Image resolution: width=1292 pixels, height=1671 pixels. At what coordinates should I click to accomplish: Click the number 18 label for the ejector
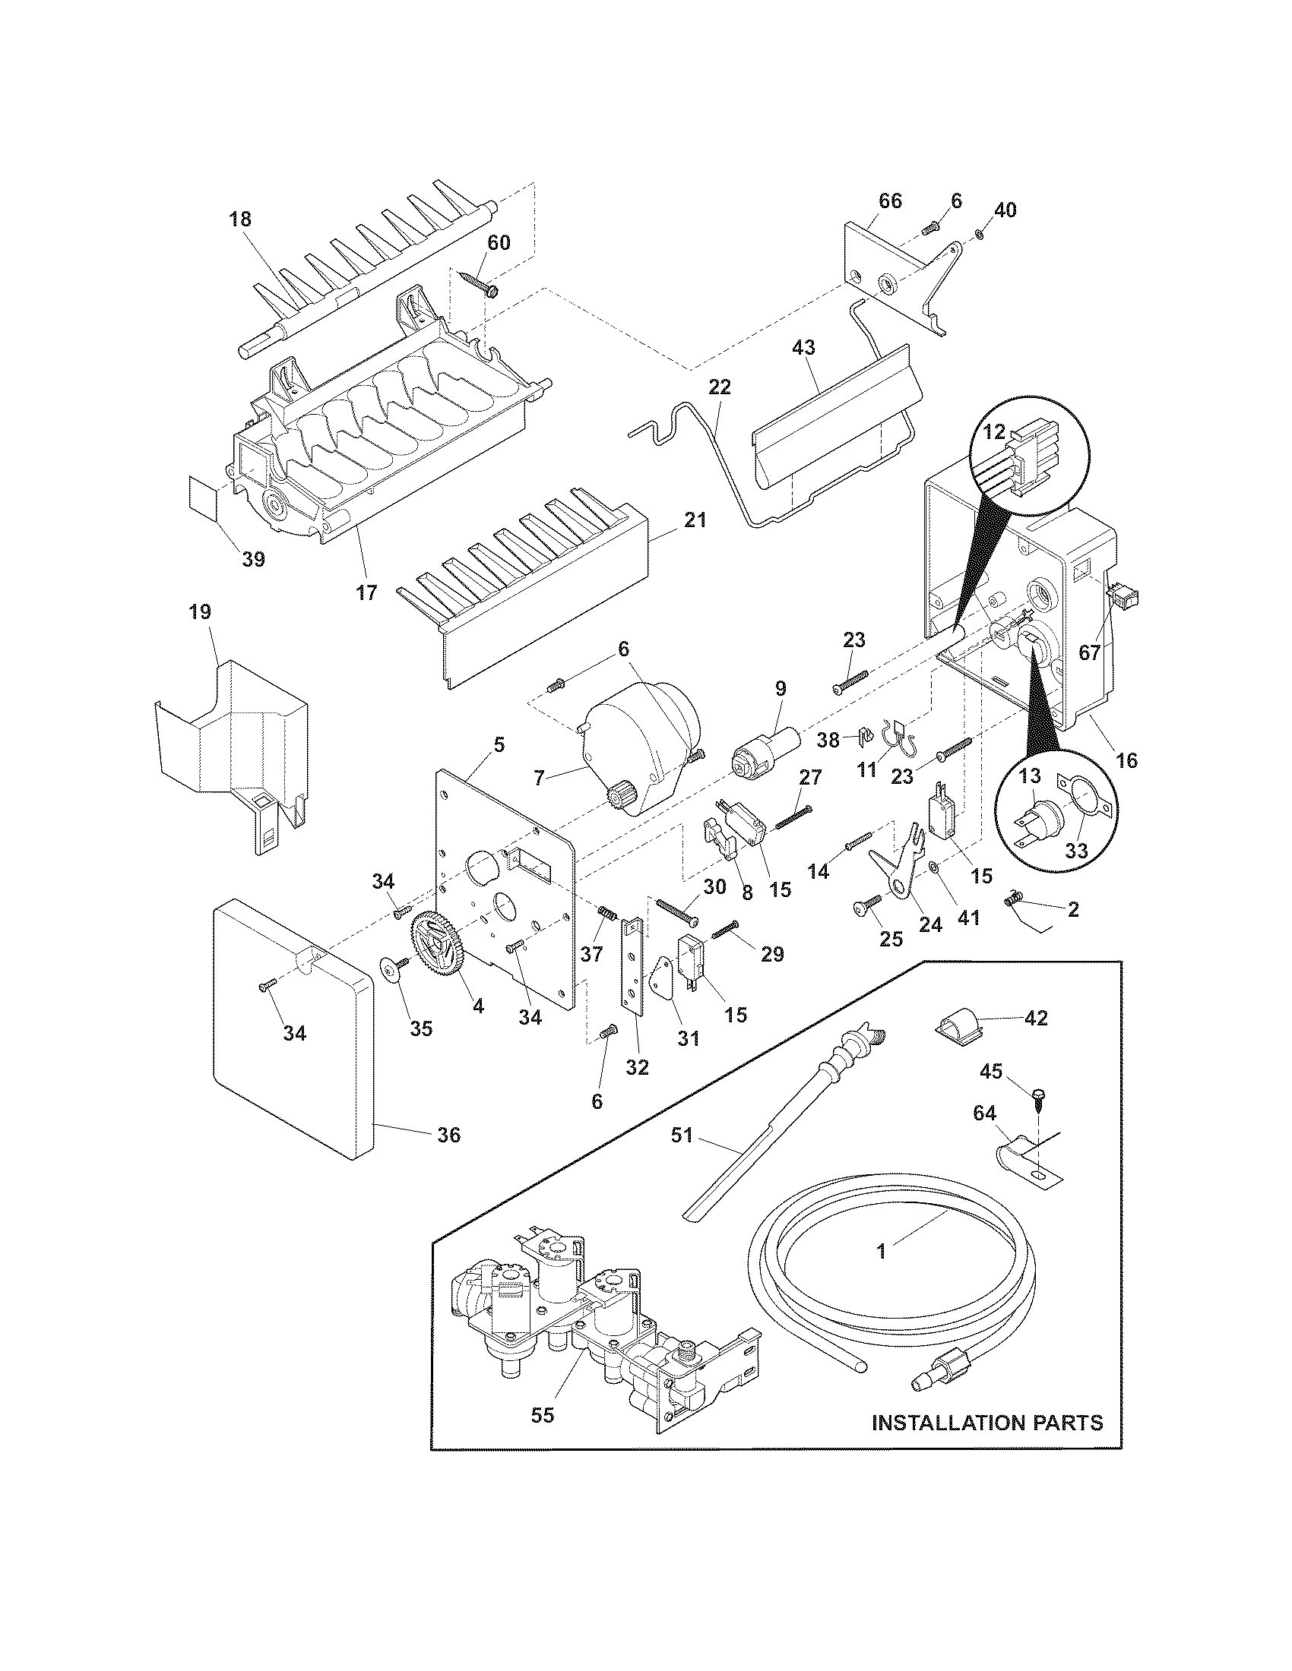click(239, 219)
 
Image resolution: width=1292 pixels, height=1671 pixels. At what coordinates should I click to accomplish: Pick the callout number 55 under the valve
click(542, 1416)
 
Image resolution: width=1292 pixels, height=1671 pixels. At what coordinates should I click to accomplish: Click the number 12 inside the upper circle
click(993, 431)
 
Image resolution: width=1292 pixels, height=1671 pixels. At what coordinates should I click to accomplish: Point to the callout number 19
click(201, 612)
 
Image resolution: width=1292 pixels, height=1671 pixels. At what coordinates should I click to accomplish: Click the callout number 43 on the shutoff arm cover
click(803, 347)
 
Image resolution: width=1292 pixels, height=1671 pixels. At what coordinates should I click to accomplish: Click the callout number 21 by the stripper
click(695, 520)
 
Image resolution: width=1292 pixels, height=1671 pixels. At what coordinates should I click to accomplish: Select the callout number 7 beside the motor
click(540, 778)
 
